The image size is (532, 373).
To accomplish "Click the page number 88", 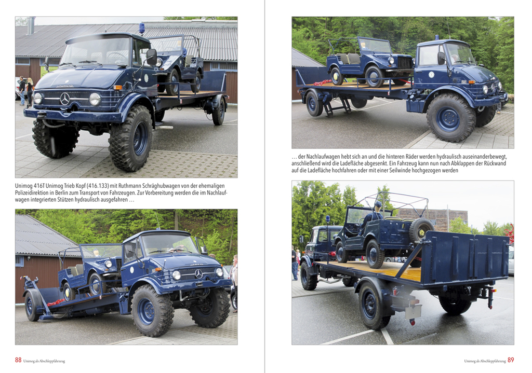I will click(18, 360).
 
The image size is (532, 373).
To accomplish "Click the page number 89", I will click(511, 360).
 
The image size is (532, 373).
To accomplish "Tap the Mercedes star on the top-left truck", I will click(65, 98).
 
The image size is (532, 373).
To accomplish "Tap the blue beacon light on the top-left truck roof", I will click(141, 27).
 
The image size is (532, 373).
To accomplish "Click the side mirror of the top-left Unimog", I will click(151, 57).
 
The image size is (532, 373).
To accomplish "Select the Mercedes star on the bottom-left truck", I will click(198, 273).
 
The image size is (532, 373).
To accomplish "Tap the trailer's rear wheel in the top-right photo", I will click(314, 103).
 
